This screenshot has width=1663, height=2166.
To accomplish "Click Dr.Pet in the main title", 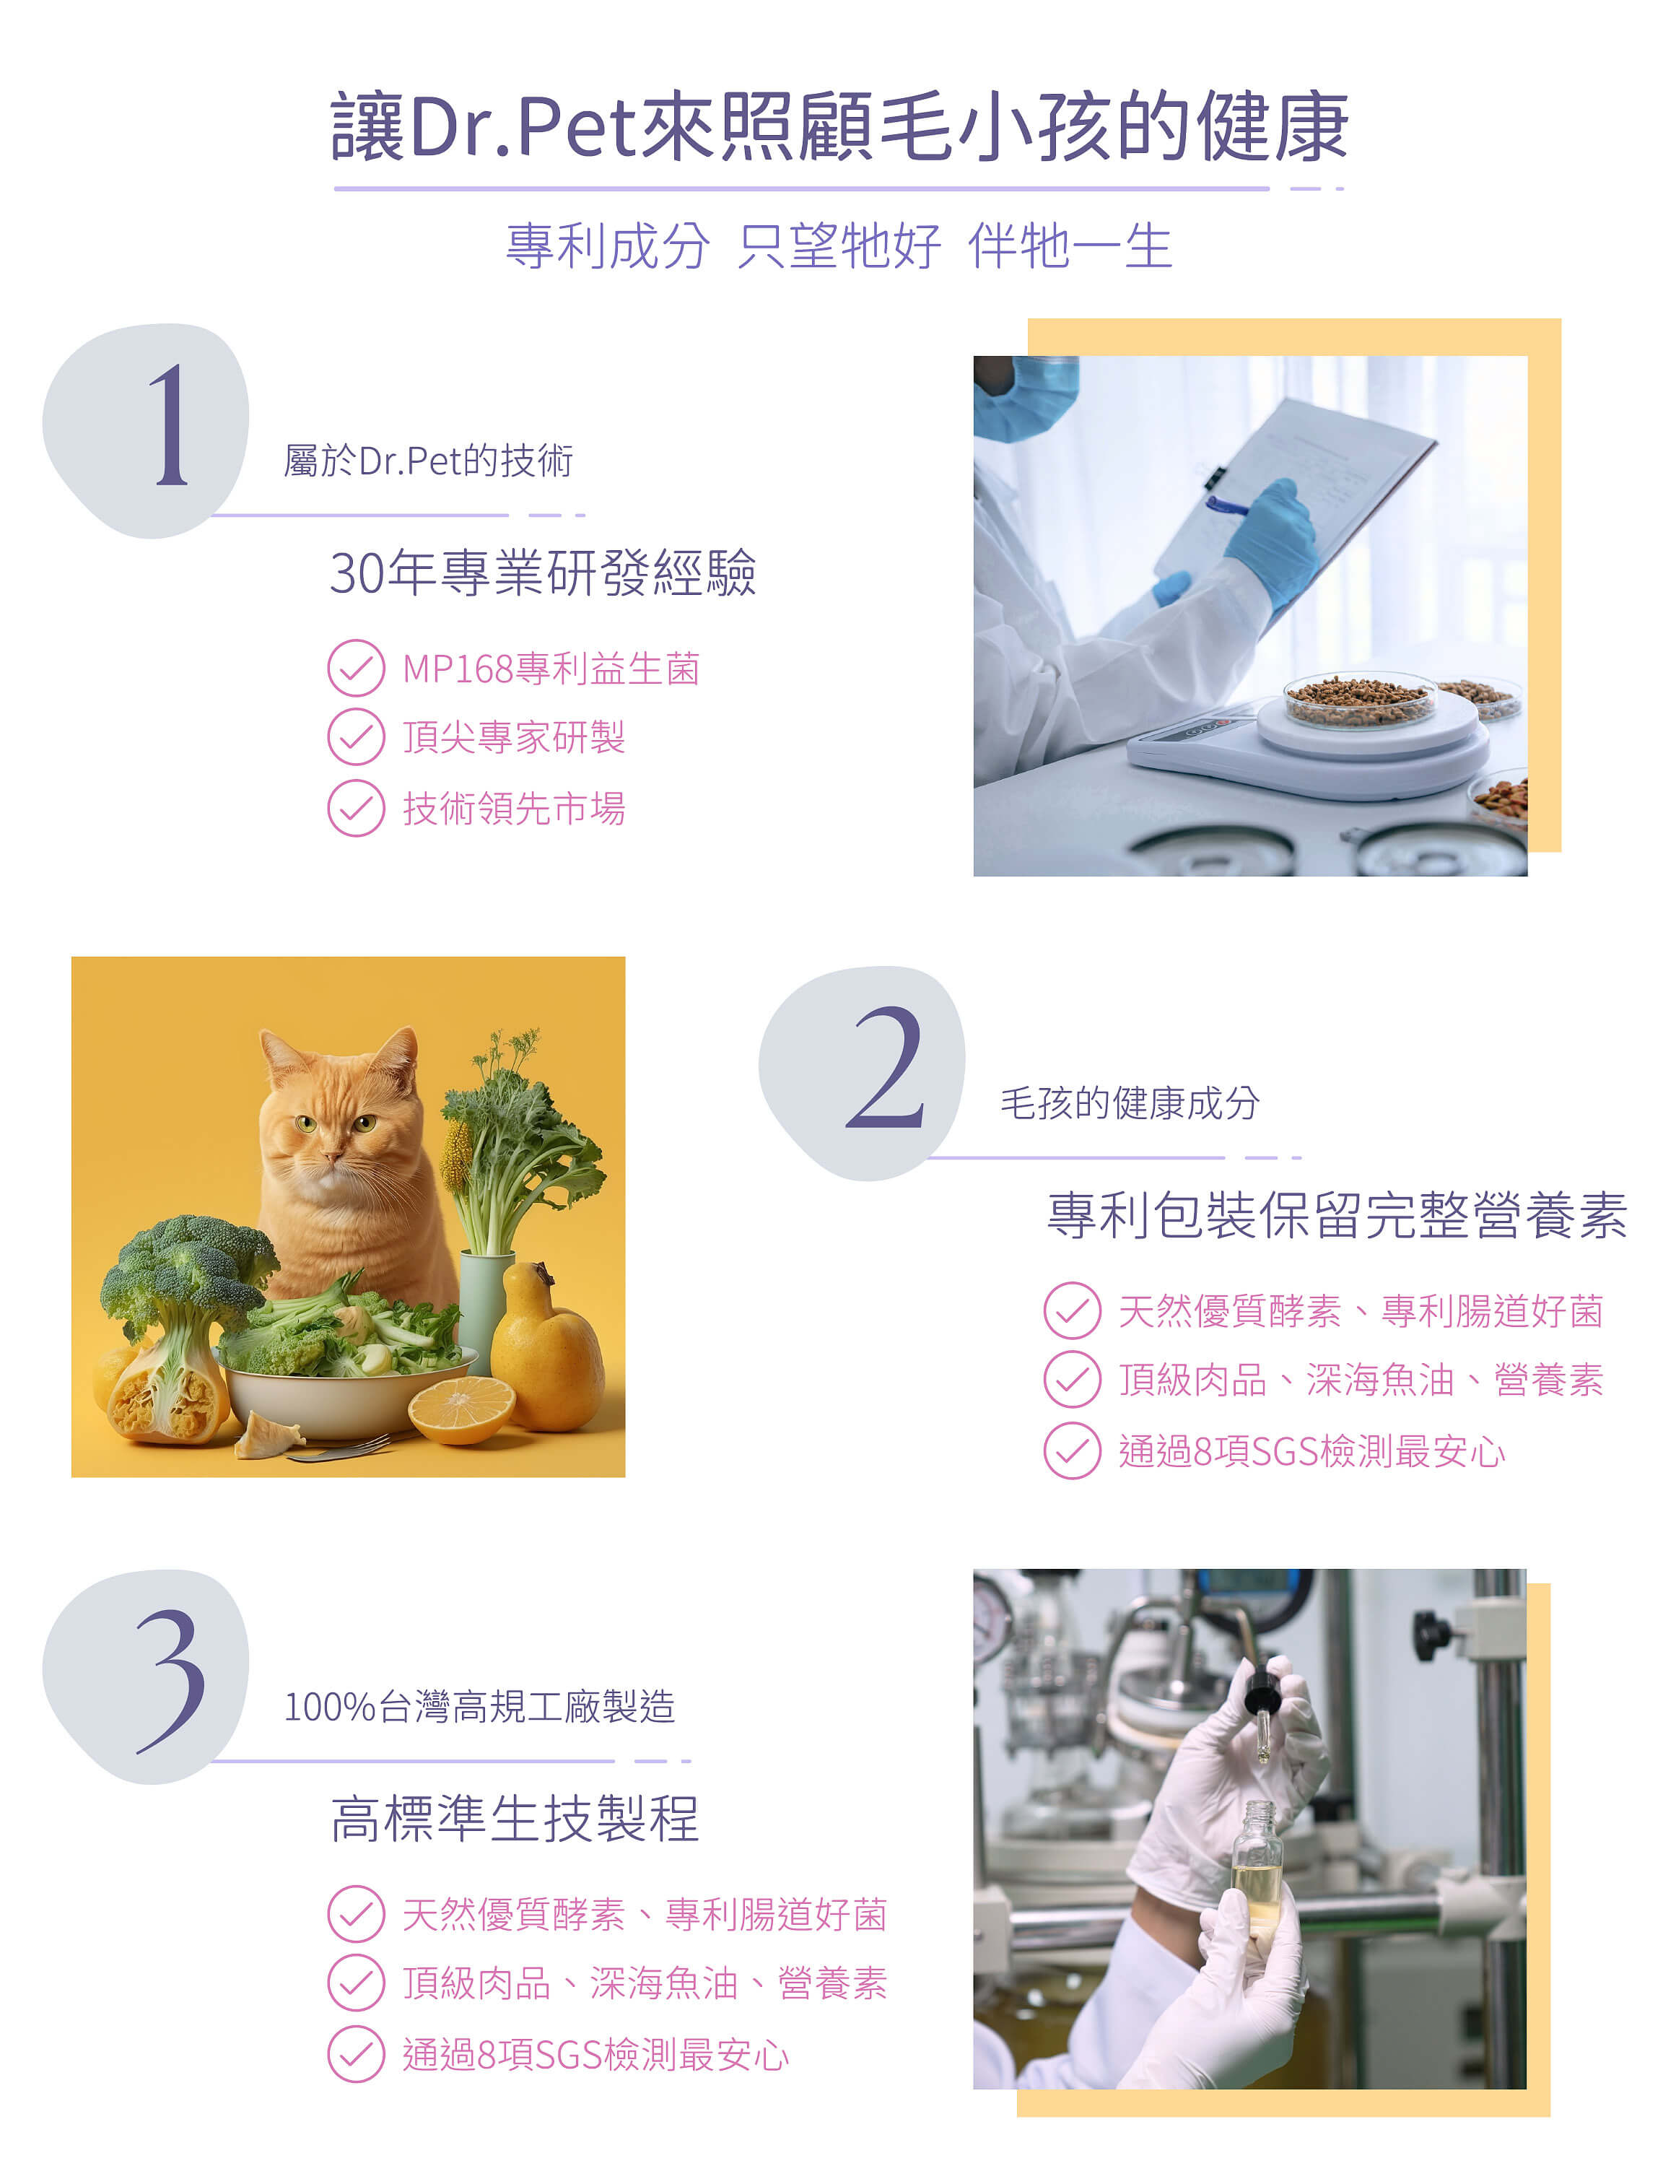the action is pos(522,127).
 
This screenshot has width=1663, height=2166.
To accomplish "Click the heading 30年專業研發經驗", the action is pos(543,573).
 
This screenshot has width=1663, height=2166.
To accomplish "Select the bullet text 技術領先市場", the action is pos(514,808).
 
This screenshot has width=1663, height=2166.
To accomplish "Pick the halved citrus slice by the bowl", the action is pos(461,1409).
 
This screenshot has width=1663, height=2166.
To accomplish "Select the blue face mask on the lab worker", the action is pos(1023,396).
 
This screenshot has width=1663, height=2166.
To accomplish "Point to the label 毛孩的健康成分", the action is pos(1130,1102).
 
